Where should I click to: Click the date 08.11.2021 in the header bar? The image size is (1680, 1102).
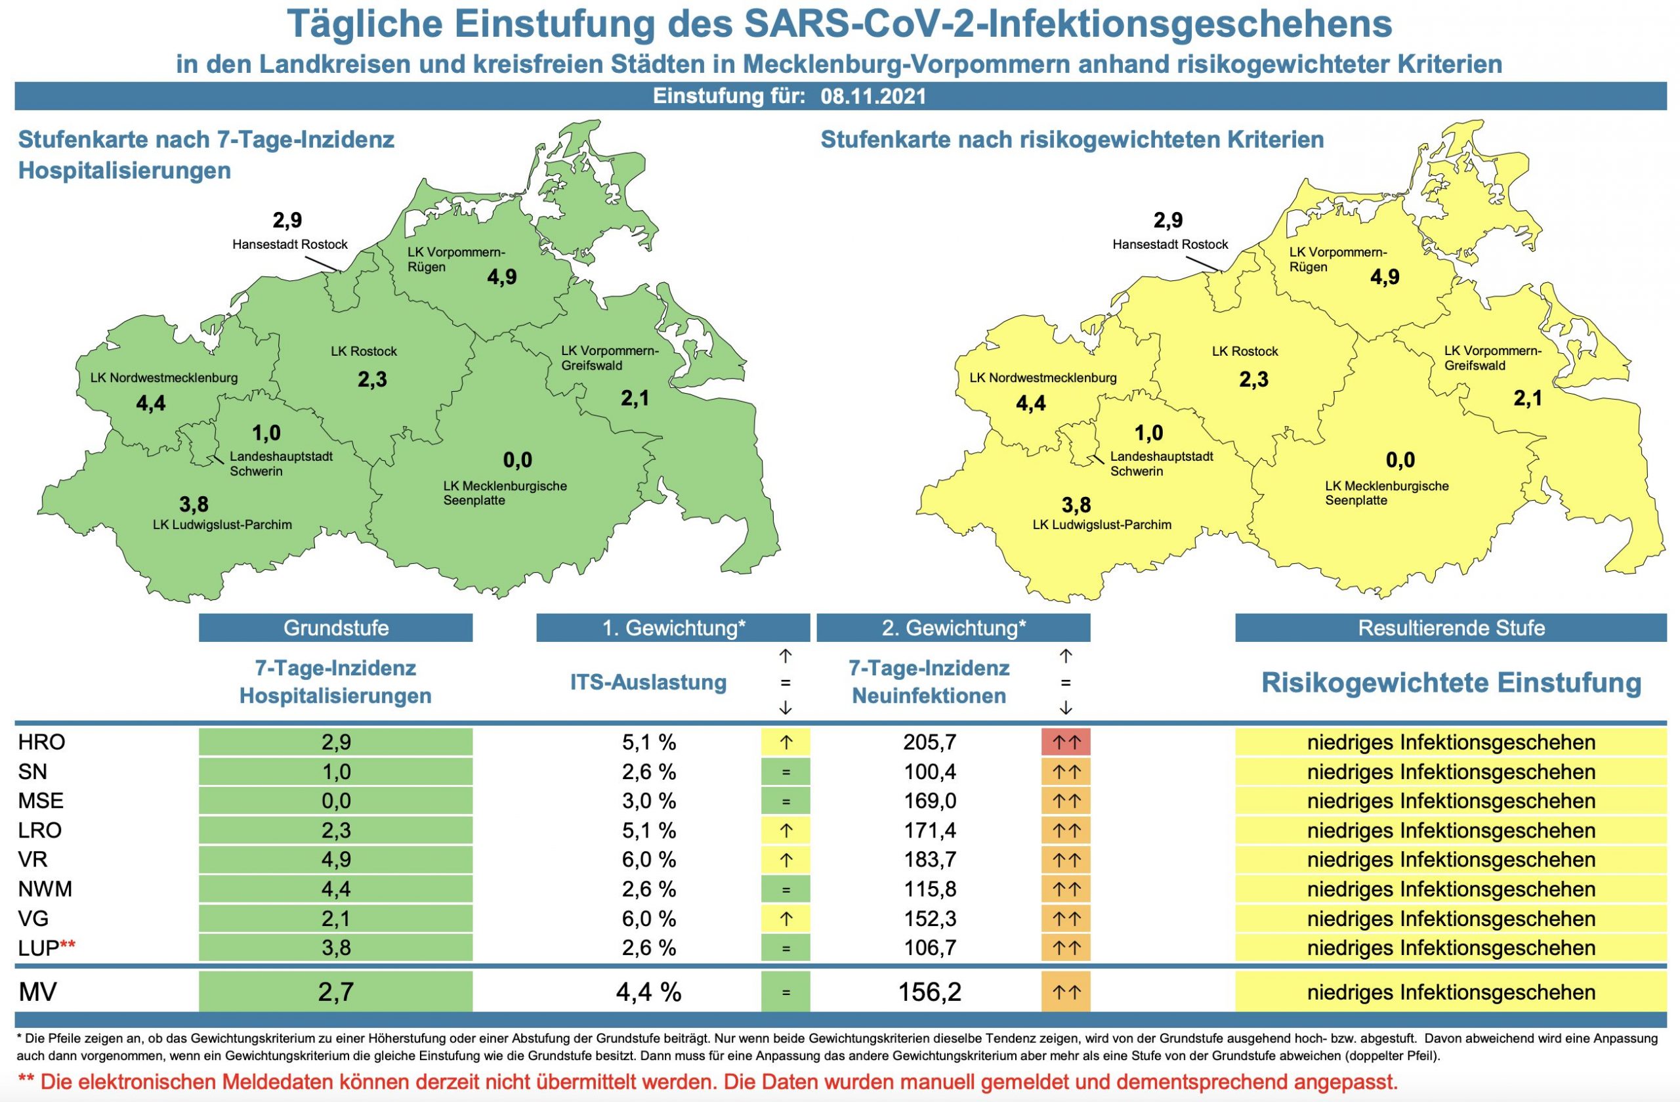873,96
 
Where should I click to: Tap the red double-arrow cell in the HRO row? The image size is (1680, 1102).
1065,742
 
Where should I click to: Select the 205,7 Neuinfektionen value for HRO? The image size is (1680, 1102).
930,742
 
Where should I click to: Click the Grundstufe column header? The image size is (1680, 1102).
335,627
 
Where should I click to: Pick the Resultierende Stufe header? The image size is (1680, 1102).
1450,627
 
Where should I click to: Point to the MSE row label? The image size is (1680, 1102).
41,801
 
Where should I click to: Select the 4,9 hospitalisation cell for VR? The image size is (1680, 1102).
335,859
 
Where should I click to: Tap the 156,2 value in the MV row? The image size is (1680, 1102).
930,992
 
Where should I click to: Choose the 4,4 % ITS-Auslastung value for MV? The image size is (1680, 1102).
648,992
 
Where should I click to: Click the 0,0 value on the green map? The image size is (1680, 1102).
517,460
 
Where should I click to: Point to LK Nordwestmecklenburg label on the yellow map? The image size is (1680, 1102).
1043,377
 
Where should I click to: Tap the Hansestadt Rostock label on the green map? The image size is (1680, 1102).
290,244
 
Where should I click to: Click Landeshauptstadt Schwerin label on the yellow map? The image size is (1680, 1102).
1161,464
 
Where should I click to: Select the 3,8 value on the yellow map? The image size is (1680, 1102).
1076,505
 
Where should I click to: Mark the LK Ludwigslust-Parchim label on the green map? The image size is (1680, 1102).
222,524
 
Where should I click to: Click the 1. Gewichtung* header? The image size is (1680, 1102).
673,627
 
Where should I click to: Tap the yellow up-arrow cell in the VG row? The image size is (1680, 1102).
785,918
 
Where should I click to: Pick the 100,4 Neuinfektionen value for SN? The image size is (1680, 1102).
930,772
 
